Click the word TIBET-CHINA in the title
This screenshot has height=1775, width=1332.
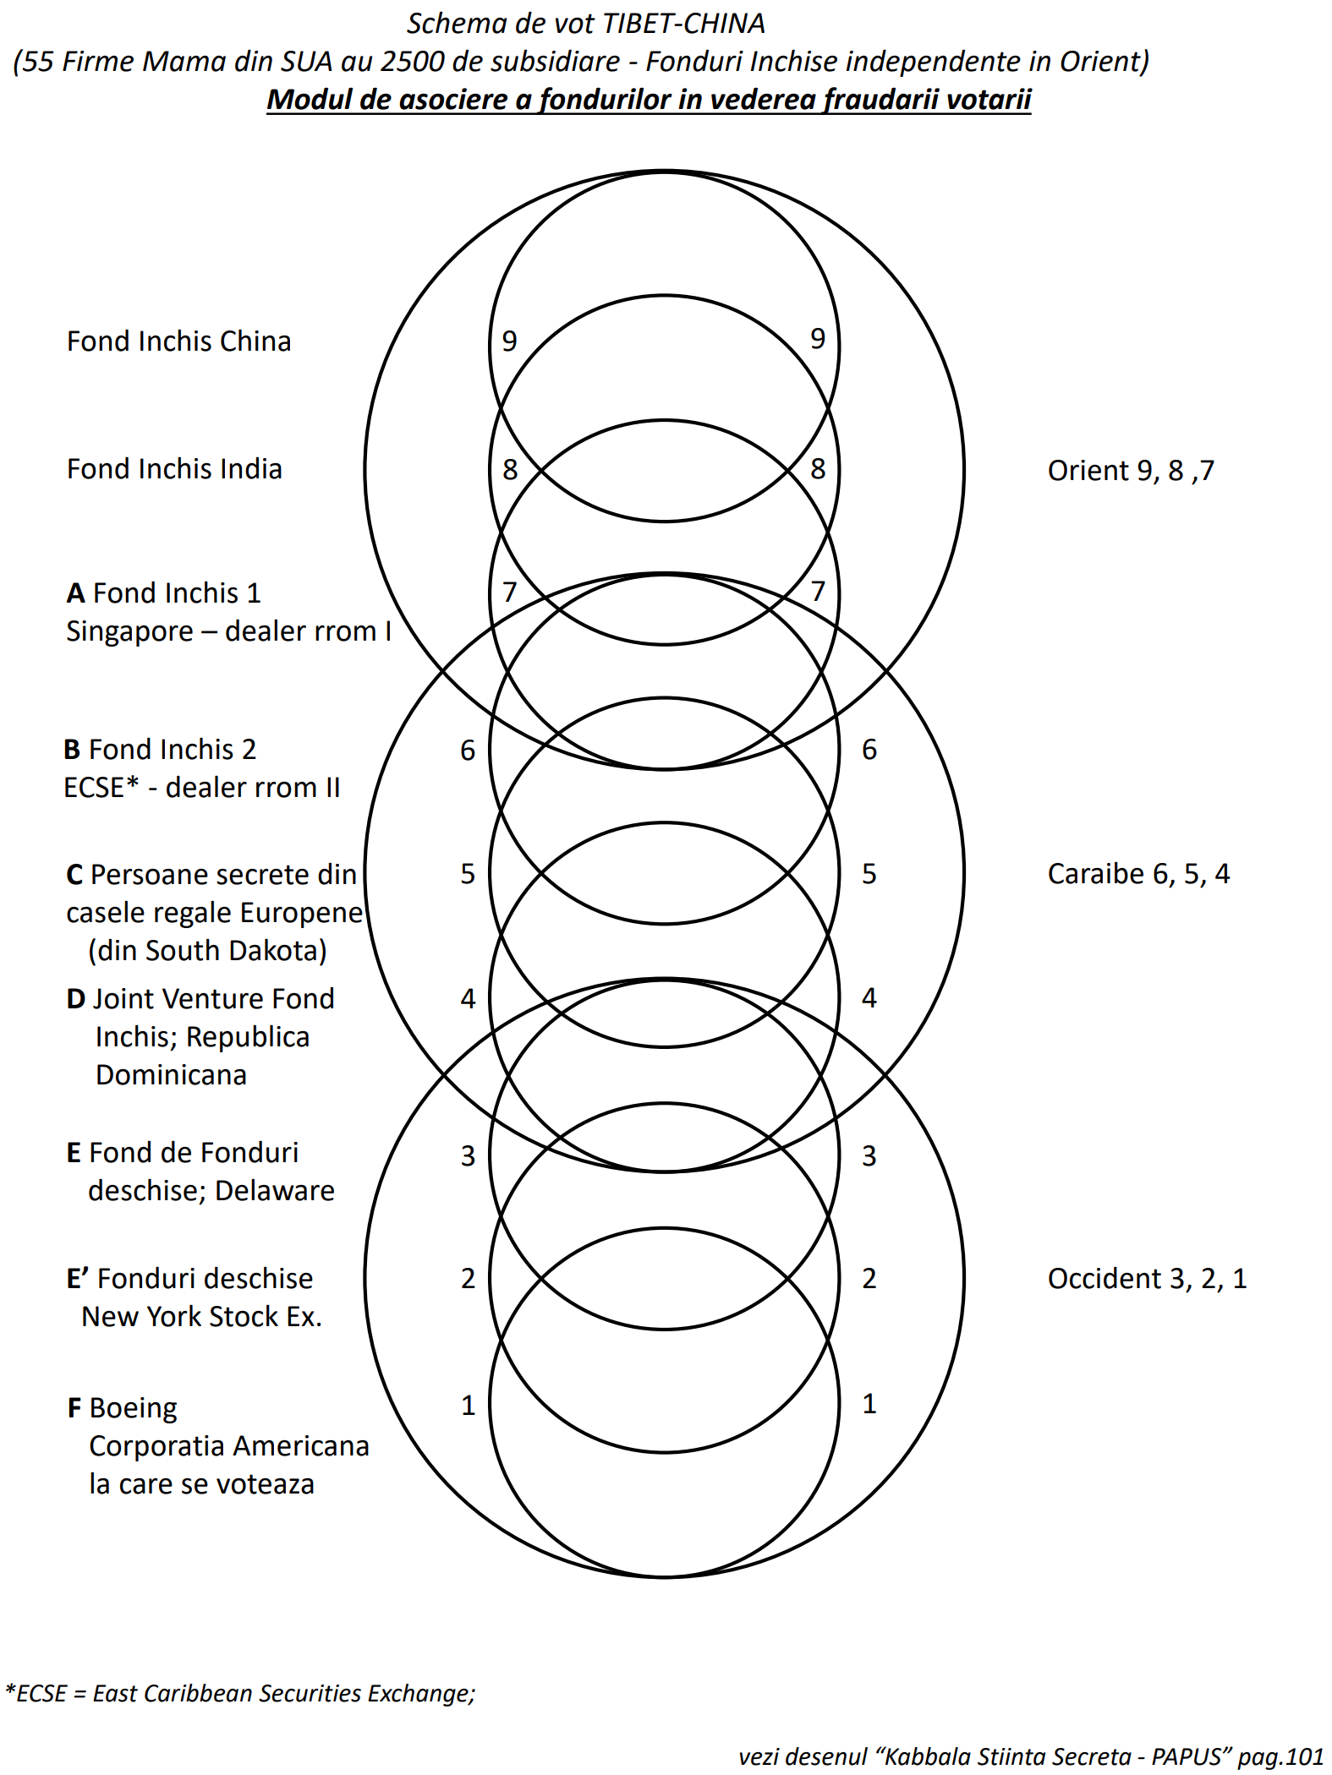point(682,24)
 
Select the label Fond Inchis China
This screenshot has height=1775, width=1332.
point(178,341)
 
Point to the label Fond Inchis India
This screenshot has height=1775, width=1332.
point(174,469)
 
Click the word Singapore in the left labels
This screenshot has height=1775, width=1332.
point(129,632)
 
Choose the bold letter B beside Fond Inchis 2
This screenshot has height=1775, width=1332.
point(72,750)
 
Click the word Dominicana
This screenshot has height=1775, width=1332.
point(171,1075)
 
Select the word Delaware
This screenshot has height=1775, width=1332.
point(275,1191)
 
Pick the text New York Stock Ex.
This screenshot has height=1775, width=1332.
point(201,1317)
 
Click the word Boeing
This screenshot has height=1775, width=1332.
point(134,1408)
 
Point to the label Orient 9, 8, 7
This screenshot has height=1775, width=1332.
point(1131,471)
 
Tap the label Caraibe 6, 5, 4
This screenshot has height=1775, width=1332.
point(1138,874)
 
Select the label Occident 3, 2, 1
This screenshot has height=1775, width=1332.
point(1147,1279)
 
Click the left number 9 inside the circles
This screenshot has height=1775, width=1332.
point(509,341)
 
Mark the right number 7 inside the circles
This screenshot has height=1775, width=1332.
point(818,592)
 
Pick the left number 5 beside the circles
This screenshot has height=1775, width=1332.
point(468,874)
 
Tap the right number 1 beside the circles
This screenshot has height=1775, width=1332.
point(869,1404)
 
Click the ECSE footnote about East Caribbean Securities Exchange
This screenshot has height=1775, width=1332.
point(241,1694)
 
